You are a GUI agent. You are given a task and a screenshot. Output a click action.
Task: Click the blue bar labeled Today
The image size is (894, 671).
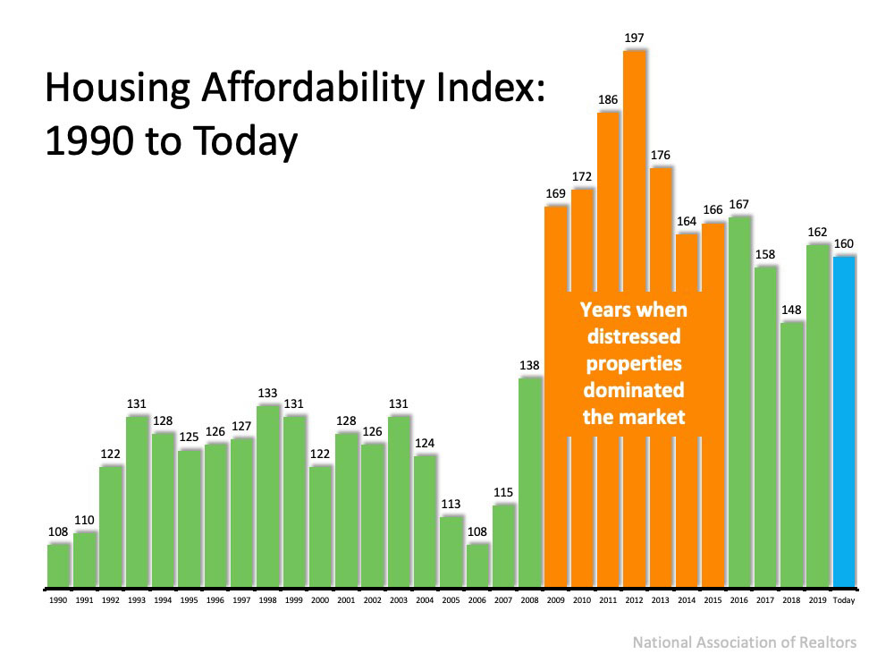pos(844,420)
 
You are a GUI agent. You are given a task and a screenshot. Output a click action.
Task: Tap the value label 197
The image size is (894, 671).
pos(634,38)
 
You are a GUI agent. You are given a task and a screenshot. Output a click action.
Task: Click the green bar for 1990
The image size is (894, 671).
pos(58,565)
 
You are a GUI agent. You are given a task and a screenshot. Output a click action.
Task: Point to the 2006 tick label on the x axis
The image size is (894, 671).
pos(477,601)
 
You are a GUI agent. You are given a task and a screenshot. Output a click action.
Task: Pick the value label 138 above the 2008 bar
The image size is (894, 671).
pos(529,365)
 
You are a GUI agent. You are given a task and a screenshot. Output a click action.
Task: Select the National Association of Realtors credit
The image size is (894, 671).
pos(744,642)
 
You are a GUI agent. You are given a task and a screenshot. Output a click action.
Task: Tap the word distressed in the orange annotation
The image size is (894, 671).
pos(633,337)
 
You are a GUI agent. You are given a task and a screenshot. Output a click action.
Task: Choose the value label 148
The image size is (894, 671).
pos(791,310)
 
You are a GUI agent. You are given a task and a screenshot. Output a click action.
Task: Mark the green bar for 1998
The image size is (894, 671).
pos(268,497)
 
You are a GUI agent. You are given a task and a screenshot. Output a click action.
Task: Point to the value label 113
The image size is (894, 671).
pos(451,503)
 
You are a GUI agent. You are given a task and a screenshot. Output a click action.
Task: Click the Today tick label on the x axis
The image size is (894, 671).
pos(844,601)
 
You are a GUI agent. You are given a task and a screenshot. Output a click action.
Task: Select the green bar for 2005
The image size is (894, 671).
pos(451,551)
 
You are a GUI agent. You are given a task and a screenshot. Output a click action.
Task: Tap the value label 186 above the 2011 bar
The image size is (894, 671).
pos(608,99)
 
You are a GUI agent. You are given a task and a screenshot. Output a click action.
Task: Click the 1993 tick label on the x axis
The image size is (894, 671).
pos(137,601)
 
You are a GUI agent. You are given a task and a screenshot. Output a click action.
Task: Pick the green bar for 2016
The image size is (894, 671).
pos(739,403)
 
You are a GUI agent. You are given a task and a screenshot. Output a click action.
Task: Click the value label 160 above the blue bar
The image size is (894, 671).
pos(844,243)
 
